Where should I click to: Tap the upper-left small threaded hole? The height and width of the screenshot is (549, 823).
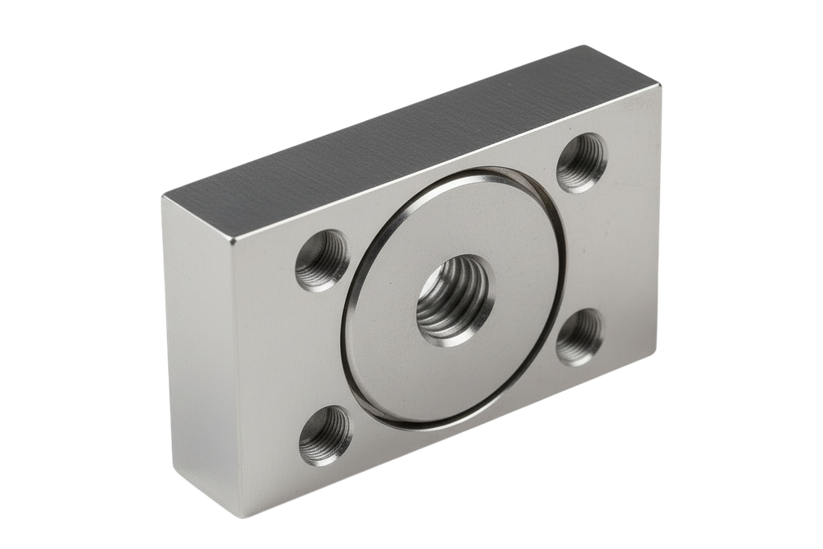[x=323, y=260]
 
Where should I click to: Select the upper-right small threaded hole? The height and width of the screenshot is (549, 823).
[x=583, y=162]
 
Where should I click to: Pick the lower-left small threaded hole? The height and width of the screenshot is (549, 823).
[x=325, y=436]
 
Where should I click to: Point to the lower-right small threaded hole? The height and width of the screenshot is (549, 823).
[x=580, y=336]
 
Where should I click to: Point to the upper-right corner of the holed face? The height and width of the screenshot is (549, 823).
[x=663, y=87]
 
